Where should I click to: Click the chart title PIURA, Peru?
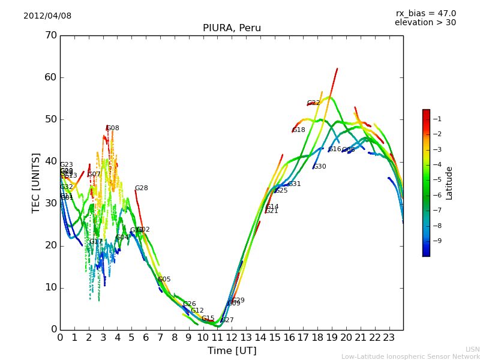(x=232, y=28)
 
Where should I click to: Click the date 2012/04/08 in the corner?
(x=47, y=16)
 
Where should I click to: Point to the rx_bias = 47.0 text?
(x=425, y=14)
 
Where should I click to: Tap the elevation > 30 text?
(x=425, y=23)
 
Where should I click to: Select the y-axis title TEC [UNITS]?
(x=36, y=182)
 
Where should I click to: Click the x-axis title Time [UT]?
(x=232, y=351)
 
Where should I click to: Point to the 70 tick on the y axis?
(x=50, y=35)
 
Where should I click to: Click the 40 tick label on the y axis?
(x=50, y=161)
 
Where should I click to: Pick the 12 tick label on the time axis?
(x=232, y=338)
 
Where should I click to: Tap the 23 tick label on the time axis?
(x=389, y=338)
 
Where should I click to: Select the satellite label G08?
(x=113, y=128)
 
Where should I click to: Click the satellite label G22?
(x=314, y=103)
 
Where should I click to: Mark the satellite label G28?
(x=142, y=188)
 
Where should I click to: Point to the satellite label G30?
(x=320, y=167)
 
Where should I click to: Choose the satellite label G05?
(x=164, y=280)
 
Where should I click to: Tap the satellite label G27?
(x=227, y=320)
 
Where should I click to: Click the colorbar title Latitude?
(x=449, y=183)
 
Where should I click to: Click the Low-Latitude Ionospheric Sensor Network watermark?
(x=410, y=357)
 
